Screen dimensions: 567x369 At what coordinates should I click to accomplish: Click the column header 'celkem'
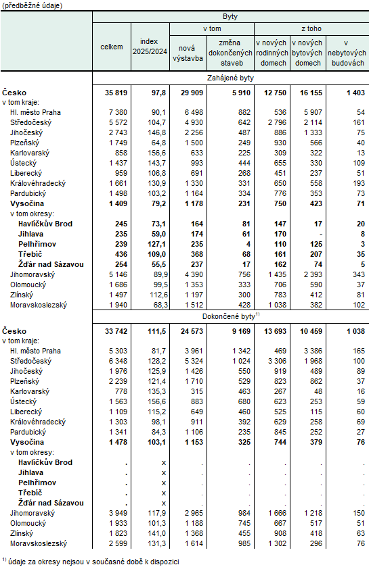click(112, 47)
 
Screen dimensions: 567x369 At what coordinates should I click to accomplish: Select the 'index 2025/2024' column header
click(150, 47)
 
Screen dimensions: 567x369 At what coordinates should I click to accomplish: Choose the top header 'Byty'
click(230, 16)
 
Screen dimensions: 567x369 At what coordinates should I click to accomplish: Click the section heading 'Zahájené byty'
click(230, 78)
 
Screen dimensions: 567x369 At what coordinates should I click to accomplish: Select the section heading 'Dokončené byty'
click(230, 316)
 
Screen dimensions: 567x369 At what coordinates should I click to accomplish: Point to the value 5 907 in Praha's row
click(308, 112)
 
